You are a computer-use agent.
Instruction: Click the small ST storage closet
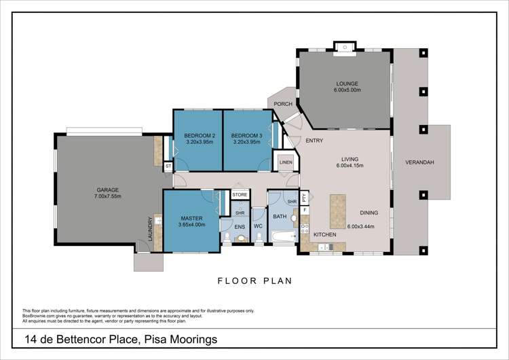point(168,166)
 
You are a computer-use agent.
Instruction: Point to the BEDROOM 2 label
point(200,135)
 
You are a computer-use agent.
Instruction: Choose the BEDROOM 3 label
point(247,135)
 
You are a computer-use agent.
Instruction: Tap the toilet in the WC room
point(258,237)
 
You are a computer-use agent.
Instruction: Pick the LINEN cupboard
point(285,162)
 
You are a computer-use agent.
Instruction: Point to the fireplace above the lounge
point(345,48)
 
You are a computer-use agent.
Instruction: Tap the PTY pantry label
point(305,198)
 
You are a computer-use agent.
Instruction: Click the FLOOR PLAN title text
point(254,280)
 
